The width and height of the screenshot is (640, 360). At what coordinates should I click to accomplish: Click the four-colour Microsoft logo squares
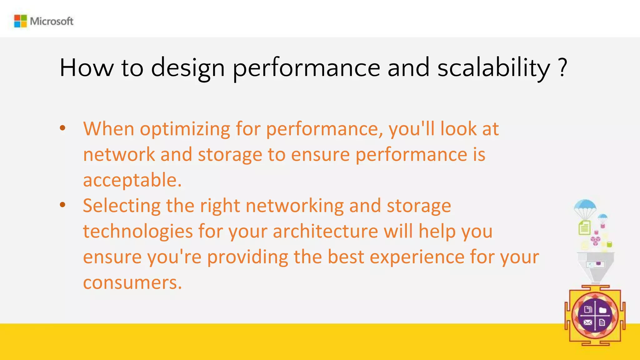point(21,21)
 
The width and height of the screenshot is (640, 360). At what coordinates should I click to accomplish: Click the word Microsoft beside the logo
point(52,21)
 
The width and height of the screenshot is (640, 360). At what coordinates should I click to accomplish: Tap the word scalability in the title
point(494,68)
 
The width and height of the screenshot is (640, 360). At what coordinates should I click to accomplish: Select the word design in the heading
point(188,68)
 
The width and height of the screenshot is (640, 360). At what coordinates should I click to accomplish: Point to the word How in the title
point(87,68)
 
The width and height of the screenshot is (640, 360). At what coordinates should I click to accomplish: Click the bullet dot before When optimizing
point(63,128)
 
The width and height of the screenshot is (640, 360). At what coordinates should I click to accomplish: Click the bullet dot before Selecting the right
point(63,205)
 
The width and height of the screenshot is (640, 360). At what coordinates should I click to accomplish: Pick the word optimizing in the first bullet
point(185,129)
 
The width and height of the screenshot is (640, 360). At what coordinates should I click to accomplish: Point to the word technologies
point(138,232)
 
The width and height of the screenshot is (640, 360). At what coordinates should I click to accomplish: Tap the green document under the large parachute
point(584,228)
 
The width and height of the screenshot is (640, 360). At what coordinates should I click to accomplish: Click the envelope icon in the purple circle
point(587,322)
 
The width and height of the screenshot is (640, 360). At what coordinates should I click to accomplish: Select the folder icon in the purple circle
point(603,310)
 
